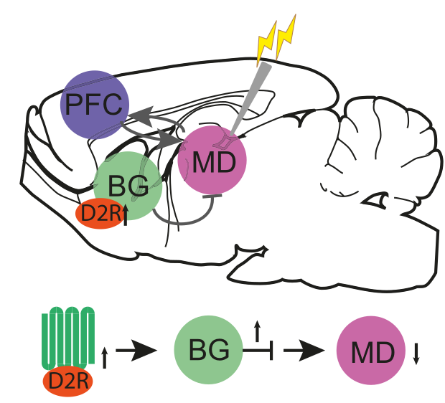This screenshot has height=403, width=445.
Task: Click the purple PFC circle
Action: (x=94, y=105)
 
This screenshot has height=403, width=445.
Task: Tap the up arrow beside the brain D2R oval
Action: (x=126, y=213)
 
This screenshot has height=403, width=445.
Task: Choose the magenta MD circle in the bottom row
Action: (x=371, y=352)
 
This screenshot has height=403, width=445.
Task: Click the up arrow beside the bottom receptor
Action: (x=105, y=356)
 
